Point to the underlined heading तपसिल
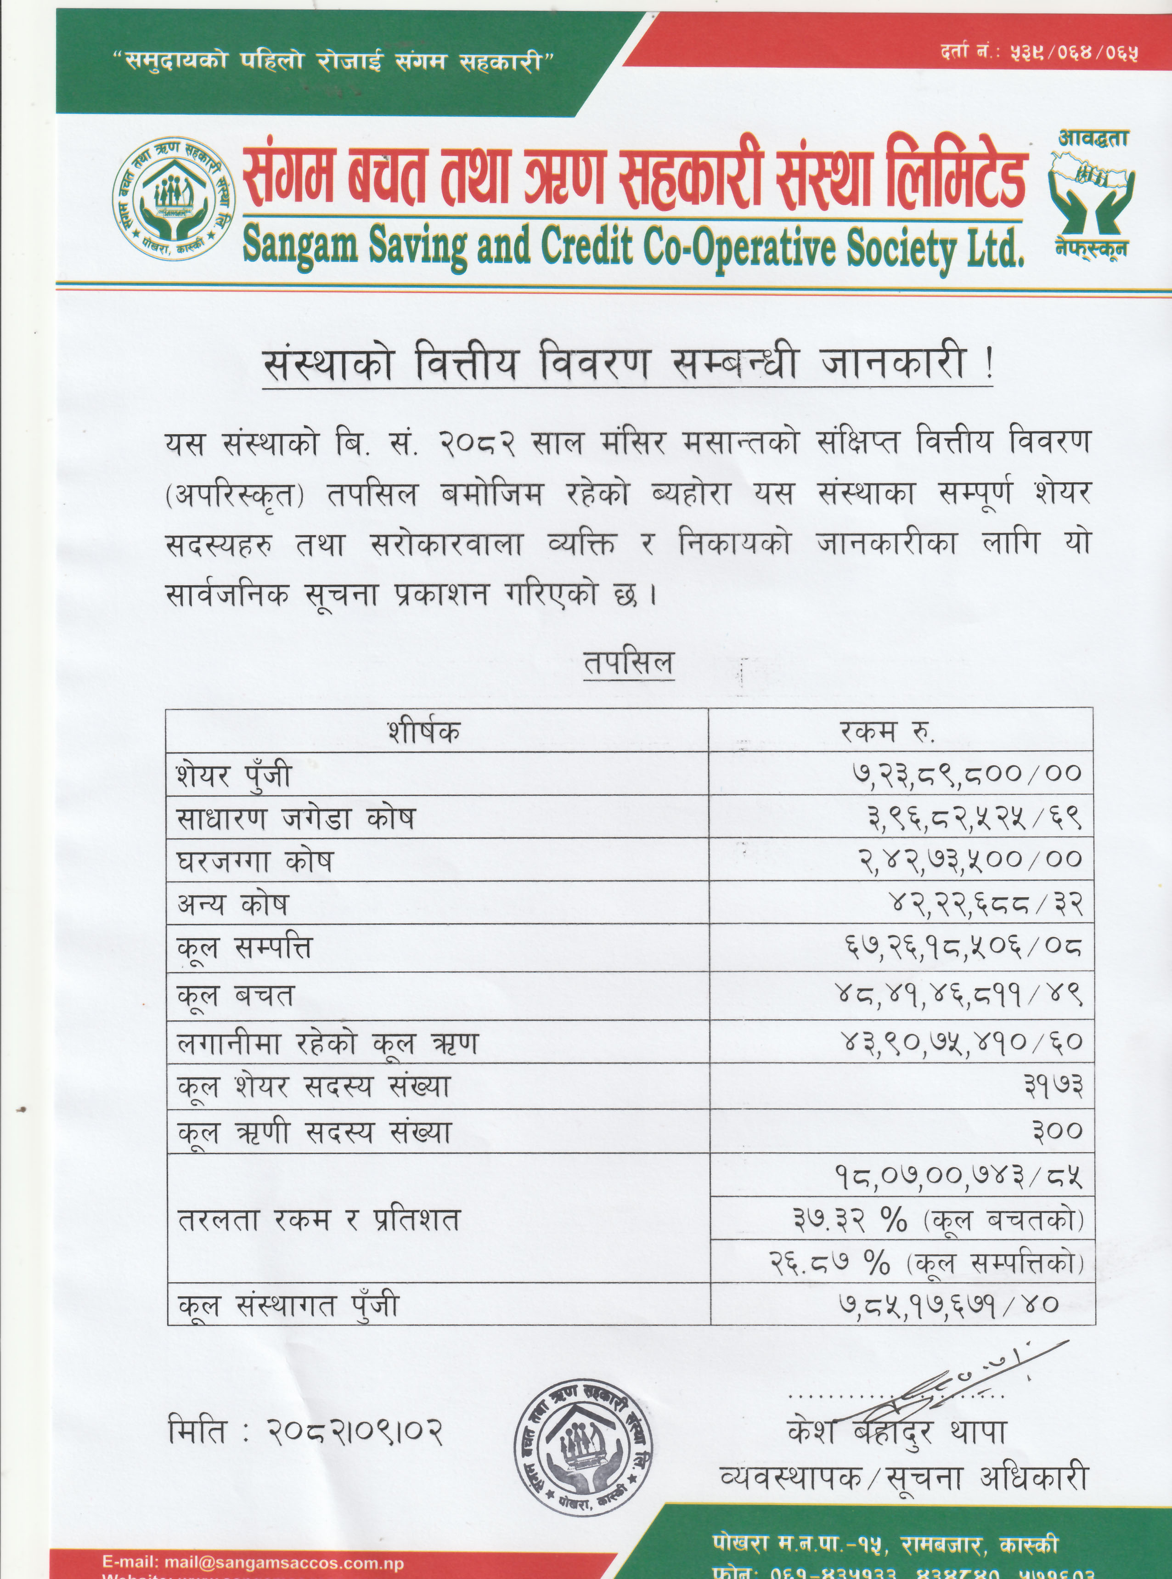(x=628, y=663)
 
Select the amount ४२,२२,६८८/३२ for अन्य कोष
(x=986, y=903)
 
